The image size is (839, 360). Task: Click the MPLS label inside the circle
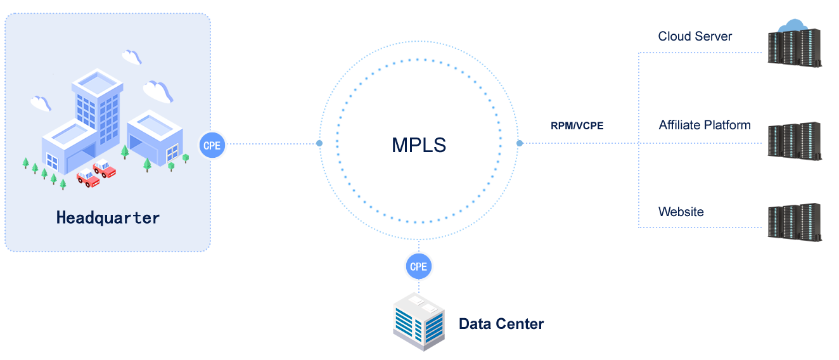(x=419, y=145)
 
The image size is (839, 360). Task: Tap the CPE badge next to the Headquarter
(x=212, y=145)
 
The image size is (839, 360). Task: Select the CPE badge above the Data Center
(x=419, y=266)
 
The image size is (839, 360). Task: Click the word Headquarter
(x=108, y=218)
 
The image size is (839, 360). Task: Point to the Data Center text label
(x=501, y=324)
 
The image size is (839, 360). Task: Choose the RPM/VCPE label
(x=577, y=125)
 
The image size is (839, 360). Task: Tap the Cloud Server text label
(x=695, y=36)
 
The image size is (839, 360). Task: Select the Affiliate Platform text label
(x=704, y=125)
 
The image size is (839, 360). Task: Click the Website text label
(x=681, y=212)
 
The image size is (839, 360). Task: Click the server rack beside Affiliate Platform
(x=795, y=141)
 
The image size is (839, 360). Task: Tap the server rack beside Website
(x=795, y=222)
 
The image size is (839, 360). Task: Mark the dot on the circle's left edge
(x=319, y=144)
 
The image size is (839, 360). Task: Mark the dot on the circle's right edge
(x=520, y=144)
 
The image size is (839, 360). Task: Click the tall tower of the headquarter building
(x=97, y=101)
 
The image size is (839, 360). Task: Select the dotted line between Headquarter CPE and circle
(x=272, y=144)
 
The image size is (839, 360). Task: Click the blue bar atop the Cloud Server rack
(x=792, y=23)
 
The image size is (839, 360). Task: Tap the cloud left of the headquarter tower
(x=41, y=103)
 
